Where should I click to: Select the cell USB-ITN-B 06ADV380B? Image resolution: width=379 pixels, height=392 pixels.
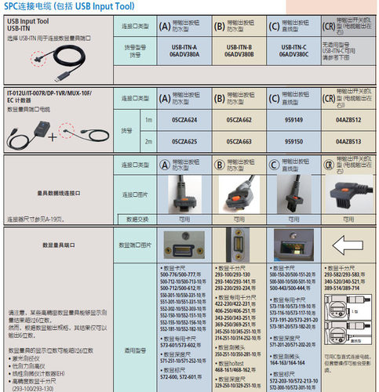pos(239,51)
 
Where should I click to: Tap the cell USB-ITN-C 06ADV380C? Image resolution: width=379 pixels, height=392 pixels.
pos(292,51)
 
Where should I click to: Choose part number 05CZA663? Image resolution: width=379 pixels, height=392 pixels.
pos(238,140)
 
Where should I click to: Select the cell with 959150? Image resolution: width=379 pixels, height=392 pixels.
pos(292,140)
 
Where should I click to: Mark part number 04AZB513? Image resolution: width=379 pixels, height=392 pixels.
pos(348,140)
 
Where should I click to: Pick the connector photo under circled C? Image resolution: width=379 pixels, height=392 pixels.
pos(292,194)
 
